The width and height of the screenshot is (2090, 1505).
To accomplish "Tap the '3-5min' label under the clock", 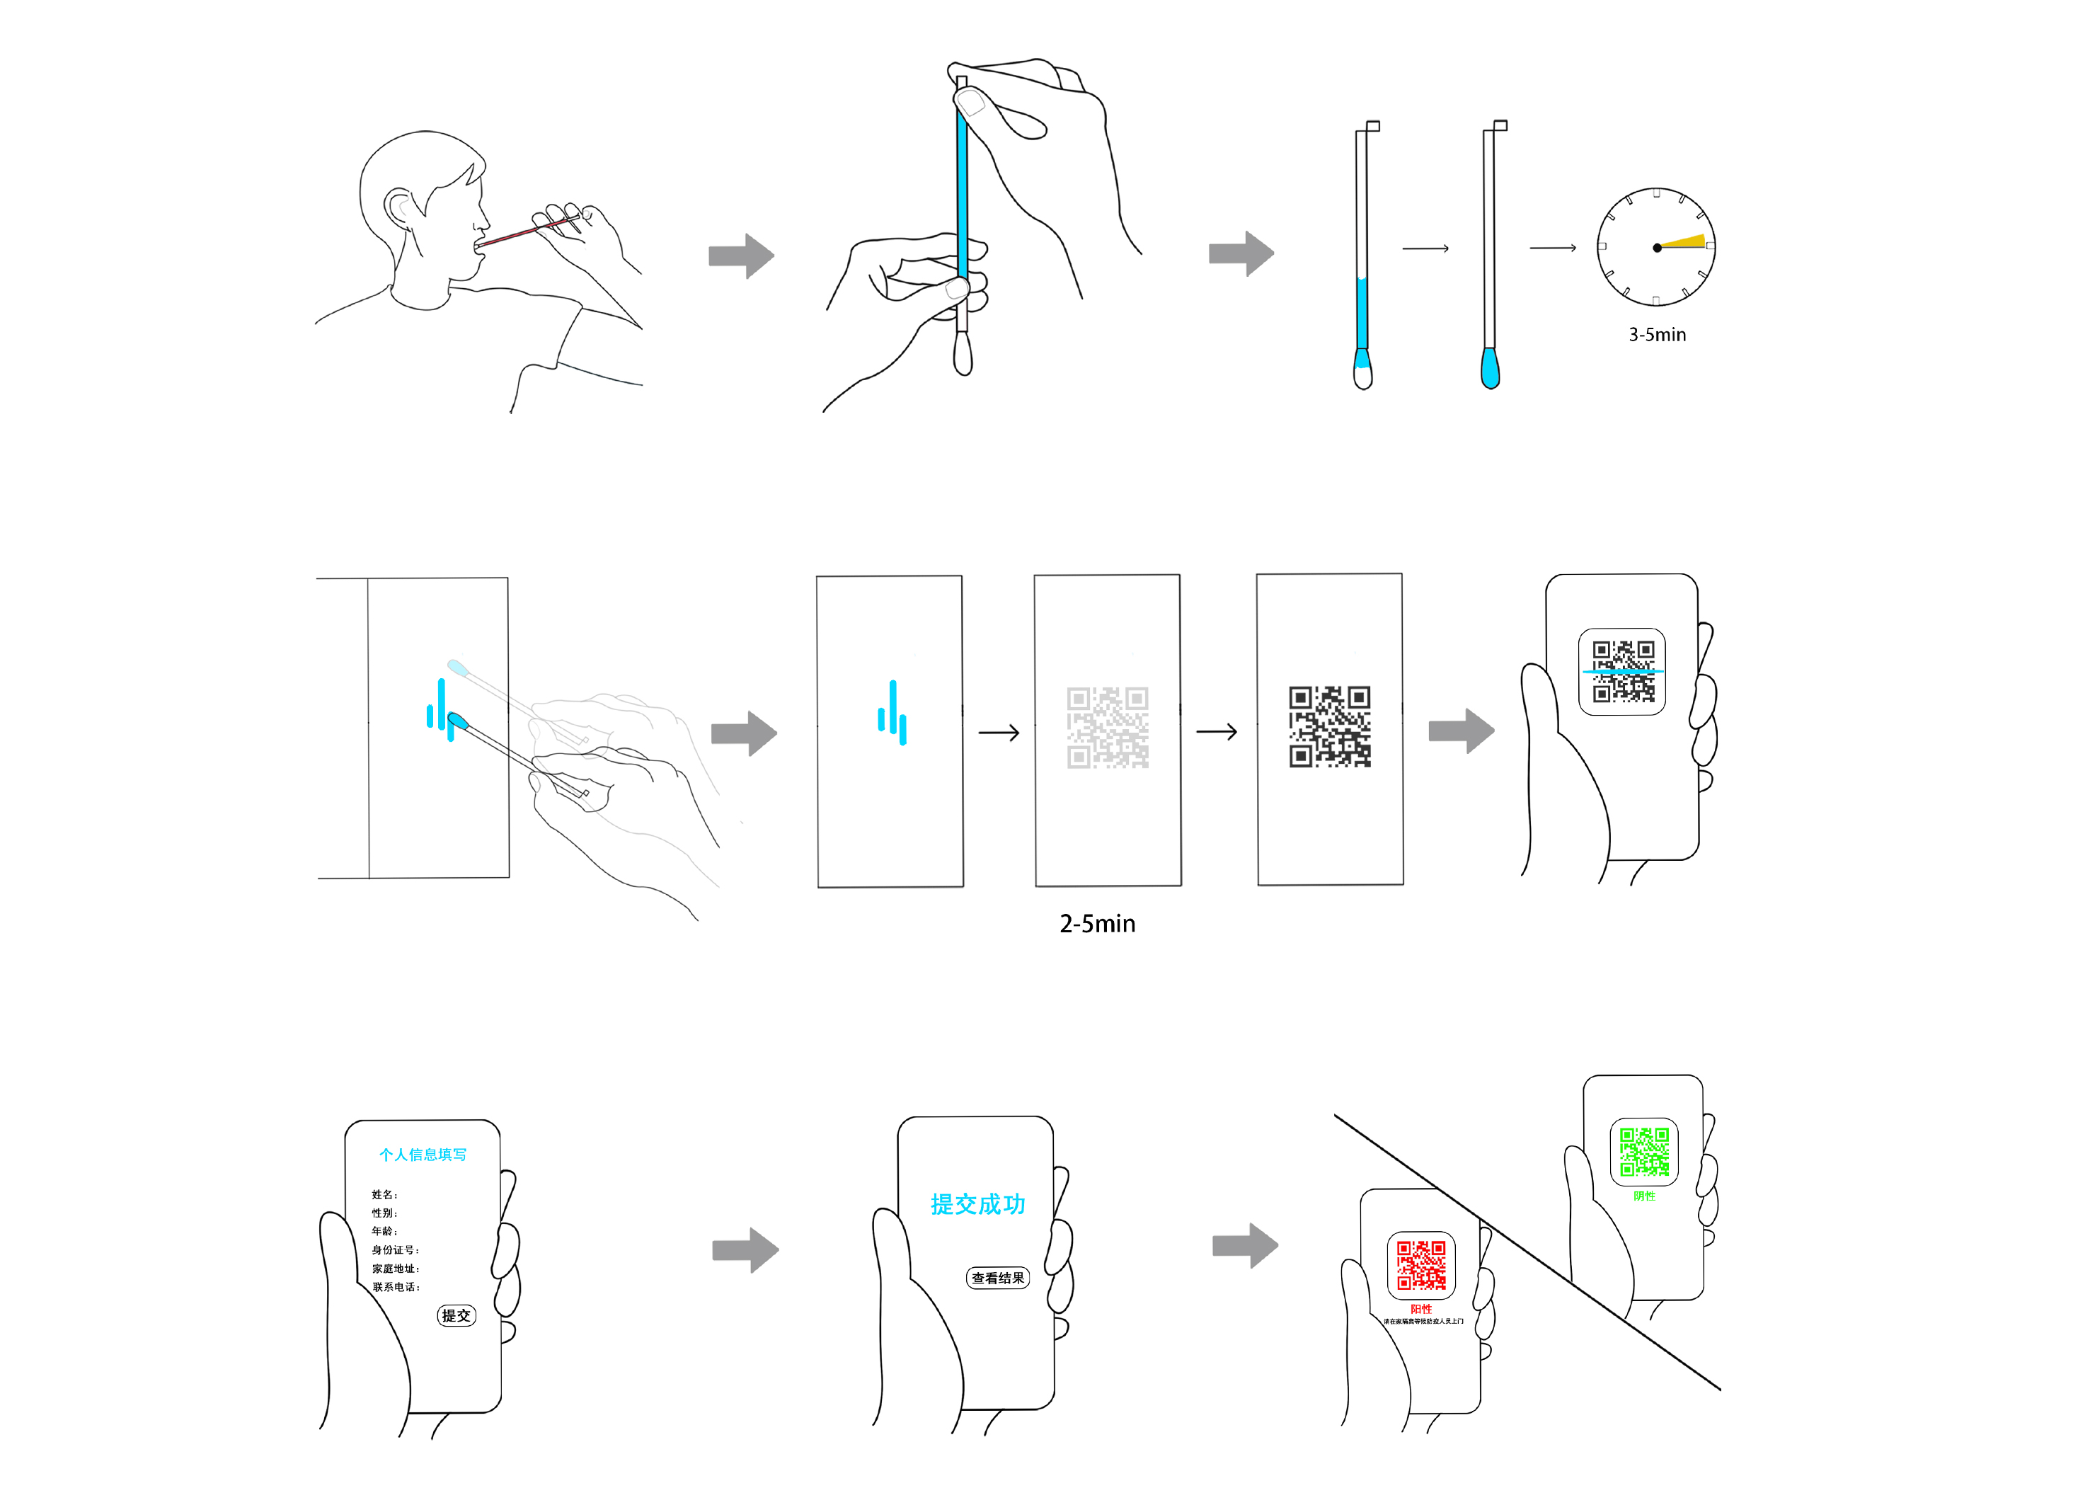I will tap(1657, 335).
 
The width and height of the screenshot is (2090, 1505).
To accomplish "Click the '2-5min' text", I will tap(1096, 924).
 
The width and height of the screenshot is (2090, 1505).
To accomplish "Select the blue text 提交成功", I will tap(977, 1203).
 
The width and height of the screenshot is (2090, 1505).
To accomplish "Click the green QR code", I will tap(1644, 1152).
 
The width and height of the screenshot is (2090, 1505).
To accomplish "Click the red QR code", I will tap(1421, 1264).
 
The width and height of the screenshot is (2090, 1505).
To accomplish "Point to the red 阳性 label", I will tap(1421, 1309).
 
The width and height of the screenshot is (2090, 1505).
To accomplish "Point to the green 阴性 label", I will tap(1644, 1196).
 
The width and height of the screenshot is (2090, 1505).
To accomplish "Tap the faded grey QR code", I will tap(1108, 727).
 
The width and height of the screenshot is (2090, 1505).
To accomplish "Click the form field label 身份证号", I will tap(394, 1249).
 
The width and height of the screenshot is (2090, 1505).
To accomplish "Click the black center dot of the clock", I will tap(1657, 248).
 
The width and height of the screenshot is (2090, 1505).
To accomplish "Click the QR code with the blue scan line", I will tap(1623, 672).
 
